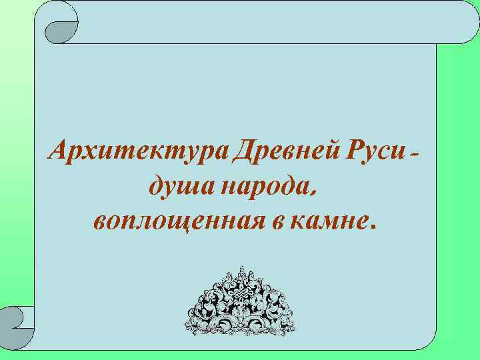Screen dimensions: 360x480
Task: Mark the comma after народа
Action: coord(312,193)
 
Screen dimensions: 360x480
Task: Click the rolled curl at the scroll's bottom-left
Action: coord(18,319)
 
